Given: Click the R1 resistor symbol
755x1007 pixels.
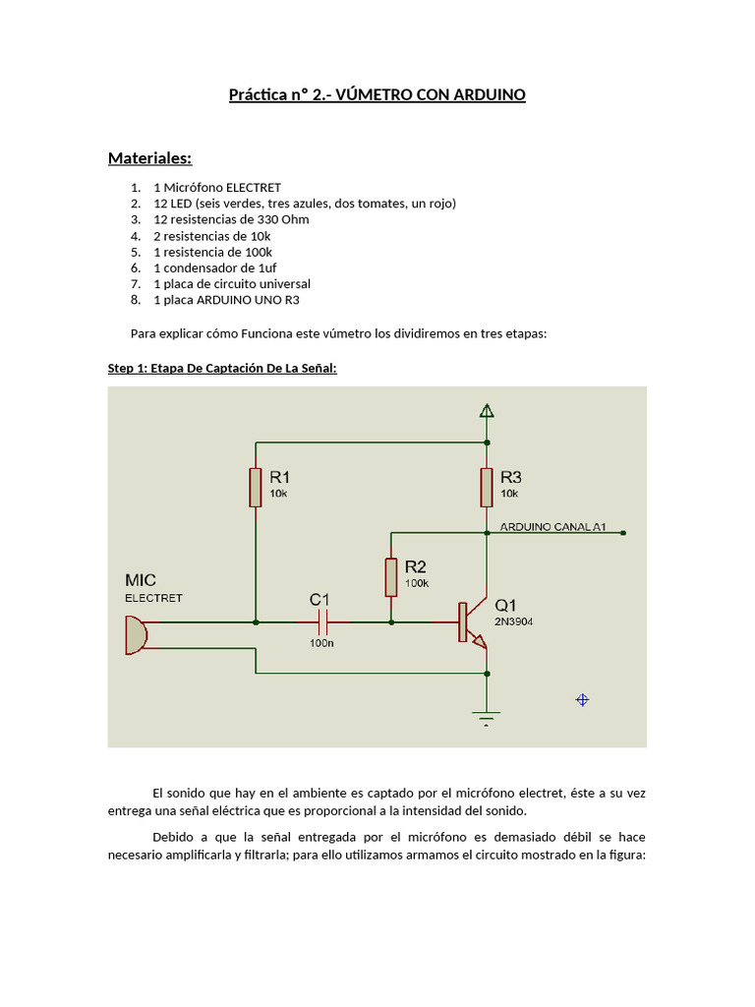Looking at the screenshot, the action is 256,487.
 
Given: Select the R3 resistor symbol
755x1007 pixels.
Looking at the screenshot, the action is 487,487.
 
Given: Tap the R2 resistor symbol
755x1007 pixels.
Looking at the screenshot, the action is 390,577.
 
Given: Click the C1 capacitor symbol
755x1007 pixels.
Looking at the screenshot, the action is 323,622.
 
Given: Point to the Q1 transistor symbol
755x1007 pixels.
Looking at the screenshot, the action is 470,623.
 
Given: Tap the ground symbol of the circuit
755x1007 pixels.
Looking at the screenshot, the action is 487,717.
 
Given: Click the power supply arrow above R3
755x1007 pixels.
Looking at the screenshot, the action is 487,411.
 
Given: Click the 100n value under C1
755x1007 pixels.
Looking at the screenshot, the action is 320,643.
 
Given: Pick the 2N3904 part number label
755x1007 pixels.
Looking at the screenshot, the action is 514,622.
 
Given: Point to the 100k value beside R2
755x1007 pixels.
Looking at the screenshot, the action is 416,583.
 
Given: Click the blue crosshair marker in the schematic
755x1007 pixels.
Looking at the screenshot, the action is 582,699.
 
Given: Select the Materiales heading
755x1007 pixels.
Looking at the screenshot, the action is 149,158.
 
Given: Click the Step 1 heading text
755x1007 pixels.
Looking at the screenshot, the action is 221,369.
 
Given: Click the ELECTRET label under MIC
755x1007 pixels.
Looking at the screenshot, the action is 153,598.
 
